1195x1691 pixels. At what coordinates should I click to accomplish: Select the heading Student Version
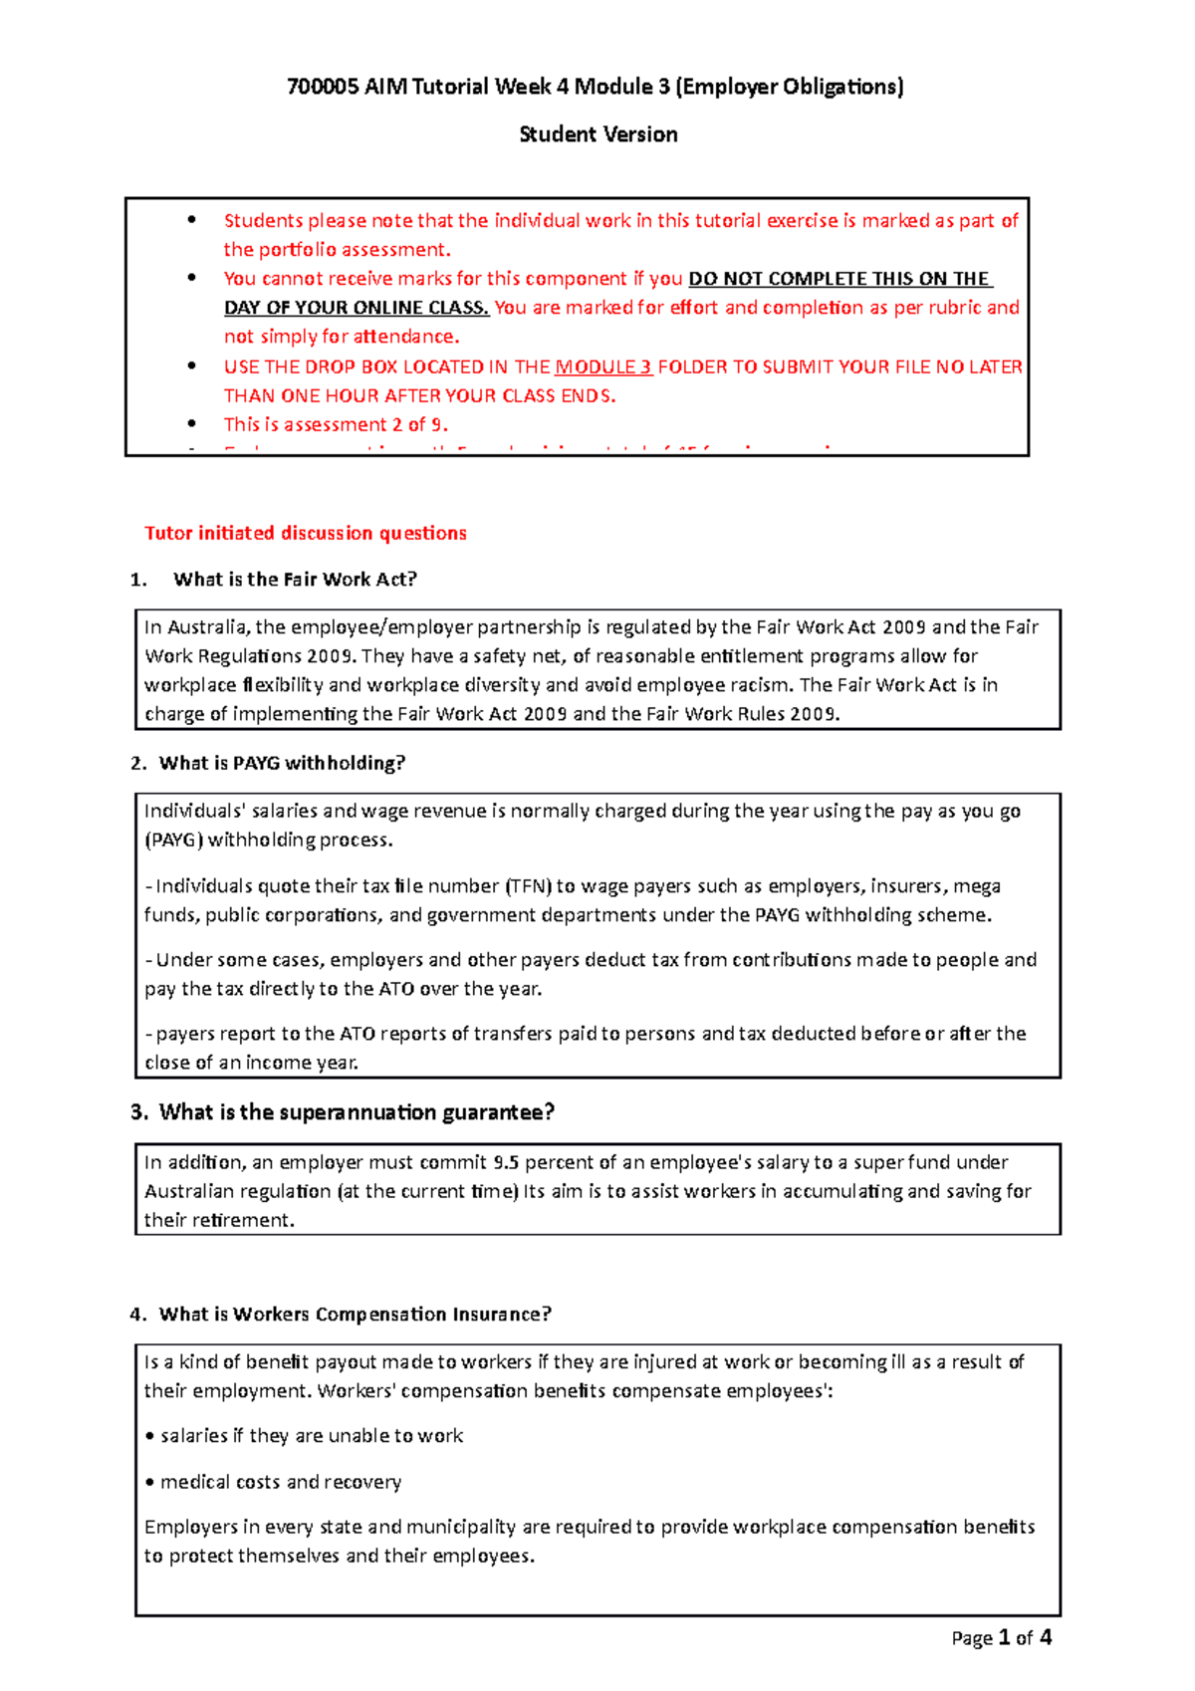598,134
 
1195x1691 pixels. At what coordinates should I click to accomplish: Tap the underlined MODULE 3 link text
603,366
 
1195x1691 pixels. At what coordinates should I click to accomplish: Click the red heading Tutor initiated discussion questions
306,533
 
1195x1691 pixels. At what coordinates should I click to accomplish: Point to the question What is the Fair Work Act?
295,580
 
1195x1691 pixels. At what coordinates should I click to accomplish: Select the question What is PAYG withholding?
282,763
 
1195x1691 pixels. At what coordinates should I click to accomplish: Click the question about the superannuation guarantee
356,1112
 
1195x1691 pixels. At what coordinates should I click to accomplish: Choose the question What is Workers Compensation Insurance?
355,1315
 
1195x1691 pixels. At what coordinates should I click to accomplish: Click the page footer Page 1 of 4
1001,1638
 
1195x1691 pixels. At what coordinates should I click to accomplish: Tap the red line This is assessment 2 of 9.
336,424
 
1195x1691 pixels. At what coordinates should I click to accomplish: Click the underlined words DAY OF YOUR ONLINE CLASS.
356,308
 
